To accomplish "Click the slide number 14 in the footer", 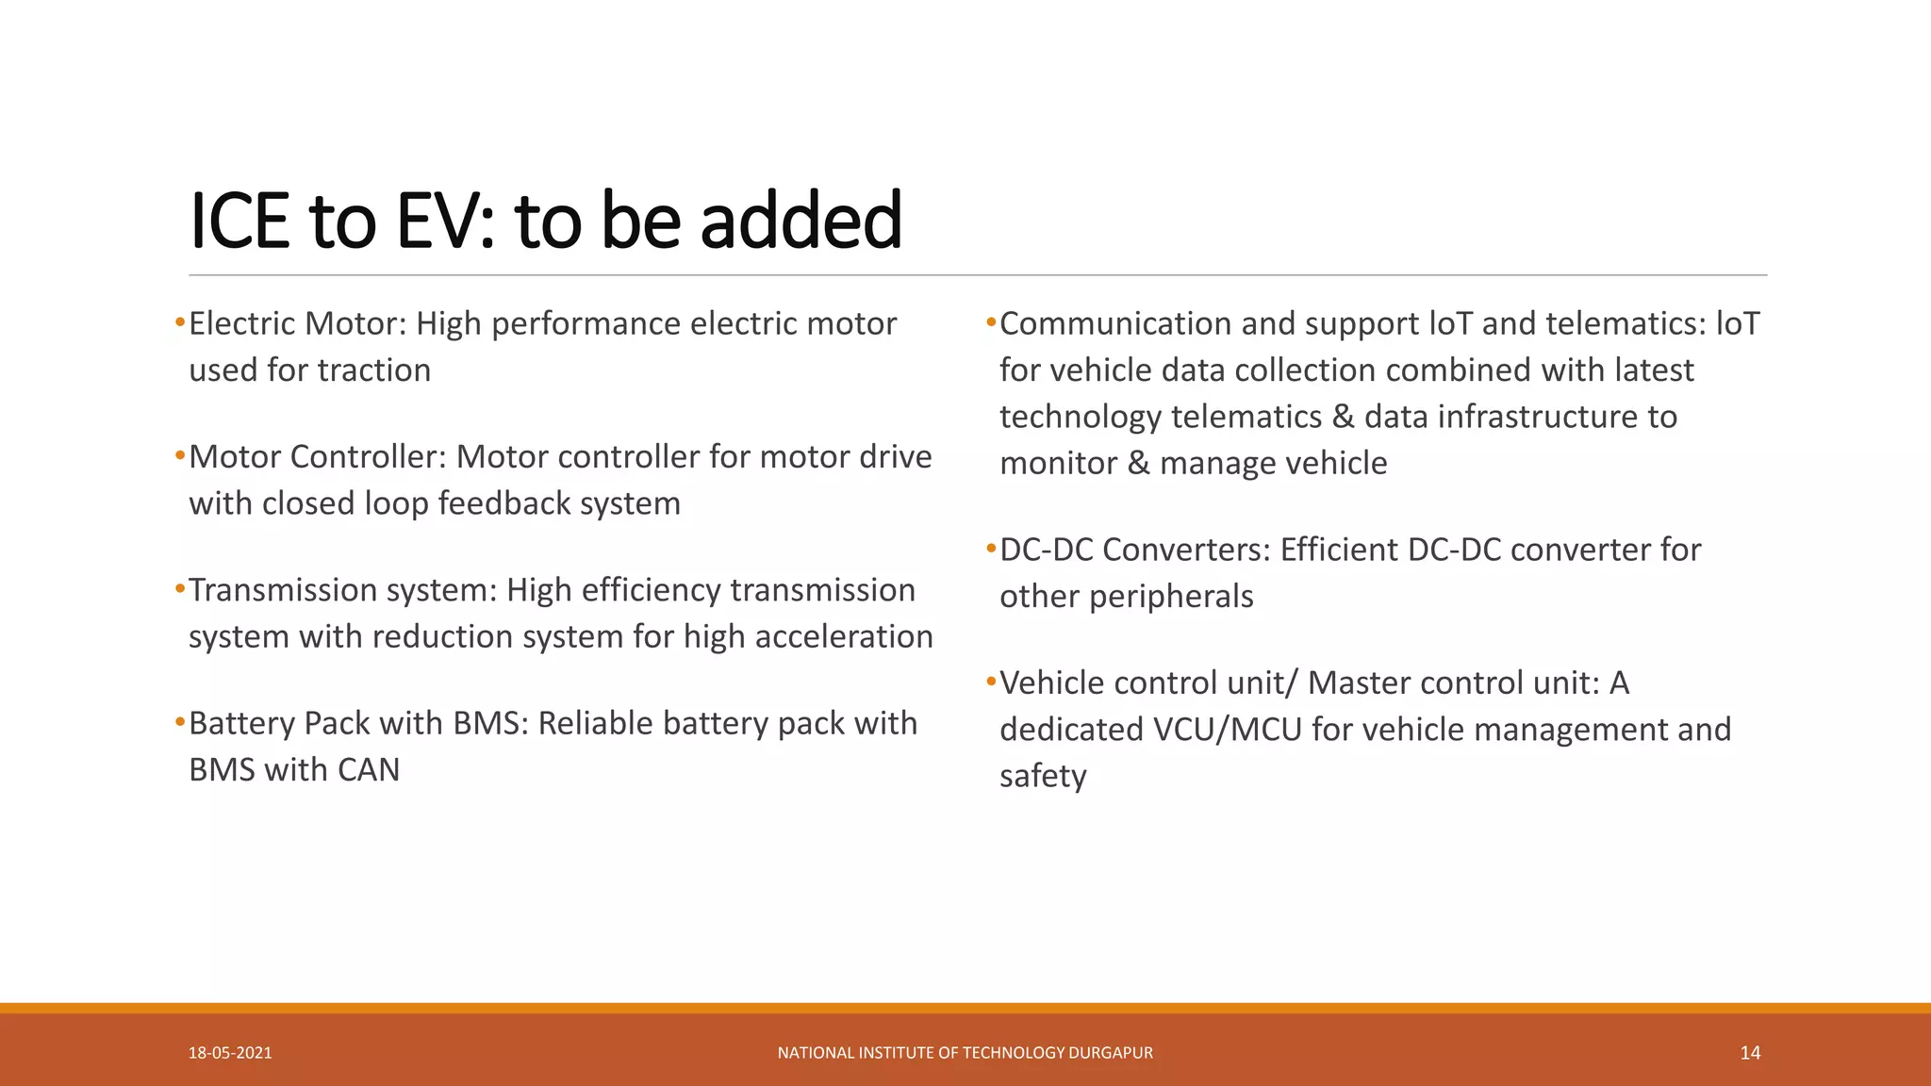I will click(1750, 1053).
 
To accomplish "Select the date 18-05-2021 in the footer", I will click(230, 1053).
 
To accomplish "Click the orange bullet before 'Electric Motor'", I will click(180, 323).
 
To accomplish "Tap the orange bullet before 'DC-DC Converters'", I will click(991, 549).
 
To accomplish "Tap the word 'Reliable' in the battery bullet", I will click(596, 723).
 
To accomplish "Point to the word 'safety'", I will click(1043, 776).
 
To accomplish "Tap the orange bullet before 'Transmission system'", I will click(180, 589).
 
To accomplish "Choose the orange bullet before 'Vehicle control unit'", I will click(991, 682).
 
